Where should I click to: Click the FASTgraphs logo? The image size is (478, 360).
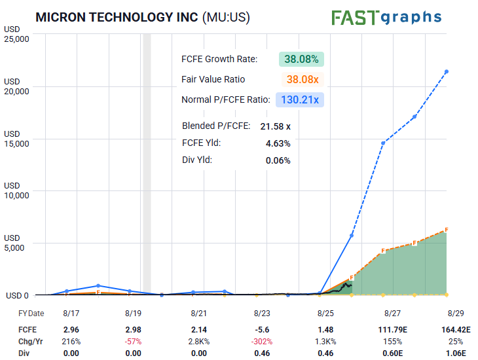(386, 18)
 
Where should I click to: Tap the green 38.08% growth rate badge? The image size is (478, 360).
(301, 59)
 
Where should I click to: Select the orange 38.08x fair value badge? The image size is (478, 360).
(303, 80)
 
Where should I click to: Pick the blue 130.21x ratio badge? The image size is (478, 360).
(300, 99)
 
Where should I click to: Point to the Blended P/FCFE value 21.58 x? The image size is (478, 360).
(275, 126)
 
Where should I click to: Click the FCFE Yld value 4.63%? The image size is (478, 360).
(278, 143)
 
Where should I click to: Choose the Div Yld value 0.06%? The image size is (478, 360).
(278, 160)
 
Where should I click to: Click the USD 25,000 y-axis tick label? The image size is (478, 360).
(16, 34)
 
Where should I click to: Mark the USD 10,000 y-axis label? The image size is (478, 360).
(16, 190)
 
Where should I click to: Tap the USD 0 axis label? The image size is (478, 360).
(17, 295)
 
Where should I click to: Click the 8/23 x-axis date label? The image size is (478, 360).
(262, 313)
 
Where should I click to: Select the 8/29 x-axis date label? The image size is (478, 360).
(456, 313)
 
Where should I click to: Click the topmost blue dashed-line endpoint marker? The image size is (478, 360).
(447, 71)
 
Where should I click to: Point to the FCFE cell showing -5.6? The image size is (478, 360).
(262, 329)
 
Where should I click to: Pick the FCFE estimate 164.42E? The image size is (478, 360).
(456, 329)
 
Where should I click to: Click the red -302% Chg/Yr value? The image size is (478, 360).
(262, 342)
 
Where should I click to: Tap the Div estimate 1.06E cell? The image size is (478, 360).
(456, 353)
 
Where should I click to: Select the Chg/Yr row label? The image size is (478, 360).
(31, 342)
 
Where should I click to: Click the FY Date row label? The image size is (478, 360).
(31, 314)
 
